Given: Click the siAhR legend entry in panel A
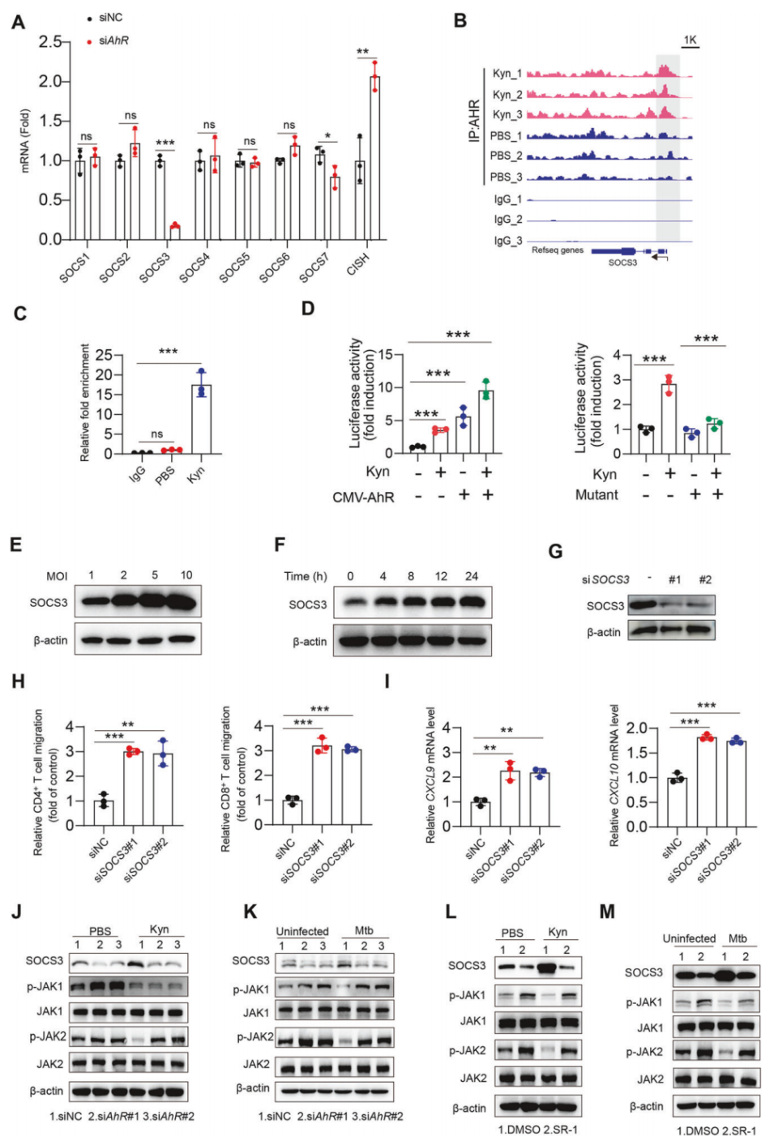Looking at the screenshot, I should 113,41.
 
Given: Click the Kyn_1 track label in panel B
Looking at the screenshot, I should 507,74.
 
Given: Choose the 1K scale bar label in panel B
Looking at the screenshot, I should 690,40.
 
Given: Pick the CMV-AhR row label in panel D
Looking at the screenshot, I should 363,497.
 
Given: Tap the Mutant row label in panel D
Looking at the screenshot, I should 596,495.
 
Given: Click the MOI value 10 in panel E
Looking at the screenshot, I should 186,575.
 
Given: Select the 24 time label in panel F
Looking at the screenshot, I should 472,576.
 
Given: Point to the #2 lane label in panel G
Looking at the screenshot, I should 705,579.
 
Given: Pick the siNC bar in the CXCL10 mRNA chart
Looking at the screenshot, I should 677,802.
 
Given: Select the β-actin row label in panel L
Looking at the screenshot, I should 469,1108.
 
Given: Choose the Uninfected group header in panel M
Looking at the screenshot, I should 689,938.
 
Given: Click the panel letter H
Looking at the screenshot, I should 19,681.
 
